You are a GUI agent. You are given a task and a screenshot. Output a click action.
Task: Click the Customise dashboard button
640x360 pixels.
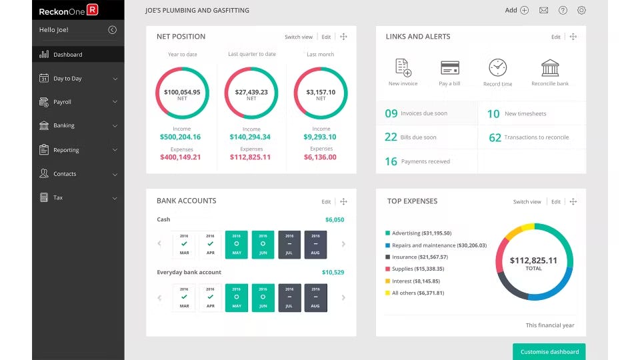pyautogui.click(x=549, y=351)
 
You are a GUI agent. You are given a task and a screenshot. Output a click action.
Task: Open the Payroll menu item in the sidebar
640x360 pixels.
pyautogui.click(x=62, y=102)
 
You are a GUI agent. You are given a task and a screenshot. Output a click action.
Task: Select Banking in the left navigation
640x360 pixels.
pyautogui.click(x=63, y=125)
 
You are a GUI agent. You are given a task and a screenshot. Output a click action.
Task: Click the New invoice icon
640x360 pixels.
pyautogui.click(x=403, y=67)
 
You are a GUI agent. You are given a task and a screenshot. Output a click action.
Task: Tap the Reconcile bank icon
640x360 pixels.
pyautogui.click(x=550, y=67)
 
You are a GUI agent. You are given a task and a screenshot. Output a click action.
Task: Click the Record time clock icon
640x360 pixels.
pyautogui.click(x=497, y=67)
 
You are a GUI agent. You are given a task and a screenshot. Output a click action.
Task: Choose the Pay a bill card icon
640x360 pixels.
pyautogui.click(x=449, y=67)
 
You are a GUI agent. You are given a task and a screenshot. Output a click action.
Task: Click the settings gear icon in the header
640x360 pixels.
pyautogui.click(x=581, y=10)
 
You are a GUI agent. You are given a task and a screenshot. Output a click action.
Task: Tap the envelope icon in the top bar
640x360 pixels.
pyautogui.click(x=543, y=10)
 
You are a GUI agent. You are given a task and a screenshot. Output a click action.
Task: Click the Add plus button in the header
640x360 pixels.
pyautogui.click(x=524, y=10)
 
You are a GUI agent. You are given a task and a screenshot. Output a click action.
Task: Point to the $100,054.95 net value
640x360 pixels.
pyautogui.click(x=182, y=92)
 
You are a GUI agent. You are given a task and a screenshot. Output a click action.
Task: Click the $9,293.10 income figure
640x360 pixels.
pyautogui.click(x=321, y=137)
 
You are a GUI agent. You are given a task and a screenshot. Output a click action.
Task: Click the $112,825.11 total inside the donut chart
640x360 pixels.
pyautogui.click(x=533, y=261)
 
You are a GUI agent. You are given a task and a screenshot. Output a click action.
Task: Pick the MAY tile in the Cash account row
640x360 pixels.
pyautogui.click(x=236, y=245)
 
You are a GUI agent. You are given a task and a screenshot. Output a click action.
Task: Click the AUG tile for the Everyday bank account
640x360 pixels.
pyautogui.click(x=315, y=297)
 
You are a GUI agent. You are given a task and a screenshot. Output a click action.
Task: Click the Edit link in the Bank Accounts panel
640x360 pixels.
pyautogui.click(x=326, y=201)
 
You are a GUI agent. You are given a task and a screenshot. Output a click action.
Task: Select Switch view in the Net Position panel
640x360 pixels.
pyautogui.click(x=298, y=37)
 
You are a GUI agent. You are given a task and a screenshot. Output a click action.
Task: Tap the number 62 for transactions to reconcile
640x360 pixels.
pyautogui.click(x=495, y=137)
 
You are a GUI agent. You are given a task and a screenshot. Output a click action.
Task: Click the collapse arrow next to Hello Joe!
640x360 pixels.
pyautogui.click(x=112, y=29)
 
